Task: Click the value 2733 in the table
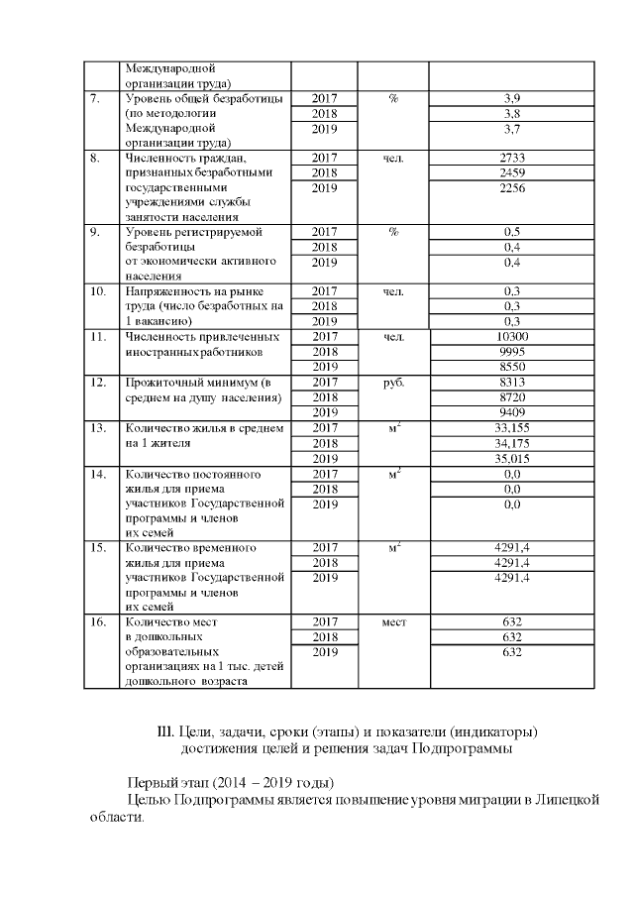(x=512, y=158)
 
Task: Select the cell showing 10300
(x=512, y=337)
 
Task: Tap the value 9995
(x=512, y=351)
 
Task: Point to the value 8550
(x=512, y=366)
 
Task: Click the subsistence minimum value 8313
(x=512, y=383)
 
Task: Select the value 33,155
(x=512, y=427)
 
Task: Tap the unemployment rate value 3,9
(x=512, y=99)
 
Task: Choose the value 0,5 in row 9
(x=512, y=232)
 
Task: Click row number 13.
(x=98, y=427)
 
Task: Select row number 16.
(x=98, y=621)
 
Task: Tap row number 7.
(x=95, y=99)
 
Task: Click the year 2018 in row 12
(x=325, y=396)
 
